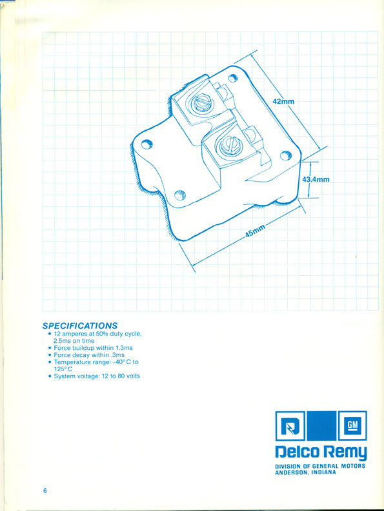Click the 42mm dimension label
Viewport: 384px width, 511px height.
tap(283, 101)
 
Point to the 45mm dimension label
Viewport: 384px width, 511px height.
tap(255, 232)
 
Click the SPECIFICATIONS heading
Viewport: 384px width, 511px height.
tap(80, 325)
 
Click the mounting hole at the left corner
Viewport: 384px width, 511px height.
tap(147, 144)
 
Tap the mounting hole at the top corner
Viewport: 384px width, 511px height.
tap(232, 78)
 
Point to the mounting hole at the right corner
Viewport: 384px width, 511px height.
tap(286, 155)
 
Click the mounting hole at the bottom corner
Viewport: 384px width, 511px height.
tap(180, 195)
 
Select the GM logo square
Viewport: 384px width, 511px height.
tap(352, 425)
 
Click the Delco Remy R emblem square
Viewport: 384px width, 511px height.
tap(290, 425)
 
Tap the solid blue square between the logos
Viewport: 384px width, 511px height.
tap(321, 425)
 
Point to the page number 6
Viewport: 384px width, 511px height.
tap(45, 491)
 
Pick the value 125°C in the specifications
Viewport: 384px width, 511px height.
tap(63, 369)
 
